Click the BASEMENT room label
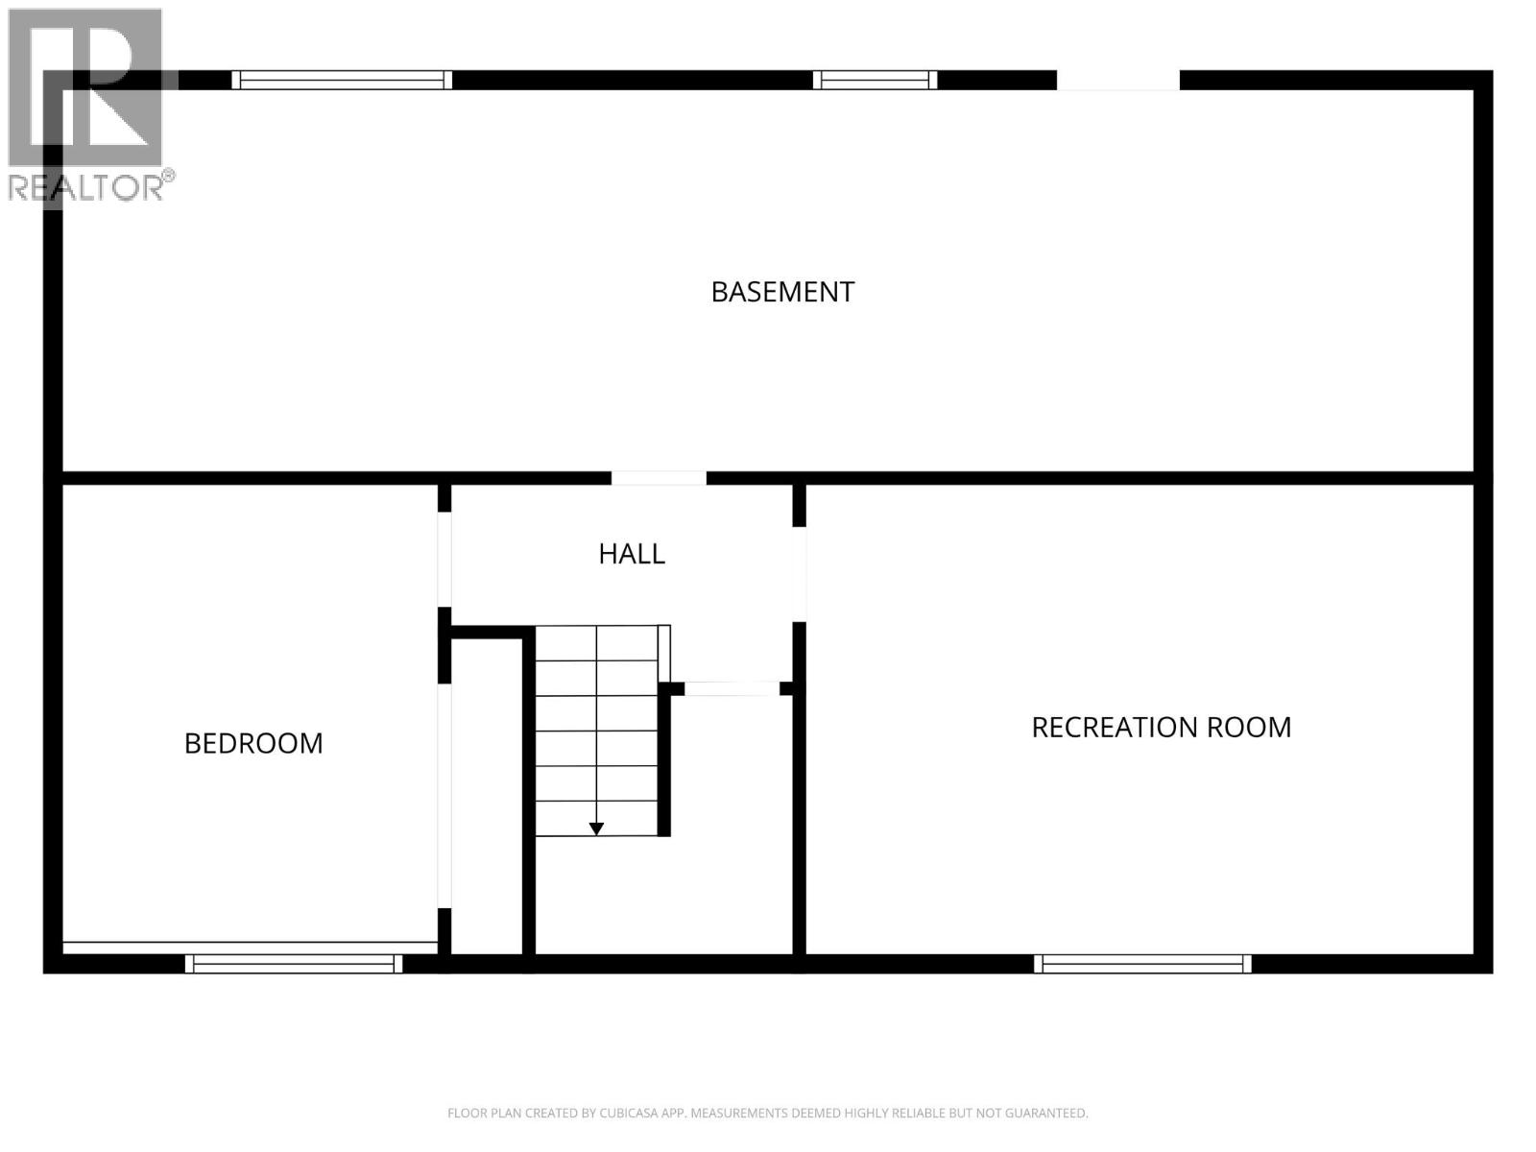click(782, 292)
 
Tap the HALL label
click(632, 554)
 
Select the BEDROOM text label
click(253, 743)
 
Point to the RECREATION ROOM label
click(1161, 728)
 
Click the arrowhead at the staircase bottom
click(596, 828)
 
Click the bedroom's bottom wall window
click(294, 964)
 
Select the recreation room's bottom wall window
click(1142, 964)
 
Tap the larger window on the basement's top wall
click(342, 80)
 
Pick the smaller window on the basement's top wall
click(875, 80)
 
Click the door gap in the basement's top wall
click(1117, 81)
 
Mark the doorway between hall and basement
click(659, 478)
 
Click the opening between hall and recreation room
click(799, 574)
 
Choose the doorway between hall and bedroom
click(444, 559)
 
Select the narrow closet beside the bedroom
click(487, 797)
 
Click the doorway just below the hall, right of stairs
click(732, 688)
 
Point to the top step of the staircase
click(596, 643)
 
